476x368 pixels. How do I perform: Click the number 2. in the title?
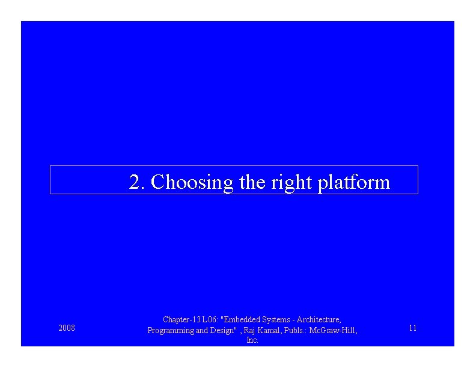(137, 182)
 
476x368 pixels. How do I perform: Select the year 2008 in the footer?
(67, 328)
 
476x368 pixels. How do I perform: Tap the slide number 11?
(412, 328)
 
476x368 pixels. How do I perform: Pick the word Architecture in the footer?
(319, 319)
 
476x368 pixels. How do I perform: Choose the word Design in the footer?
(222, 330)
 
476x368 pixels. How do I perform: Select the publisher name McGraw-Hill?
(333, 330)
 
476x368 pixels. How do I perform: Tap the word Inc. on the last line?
(252, 340)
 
